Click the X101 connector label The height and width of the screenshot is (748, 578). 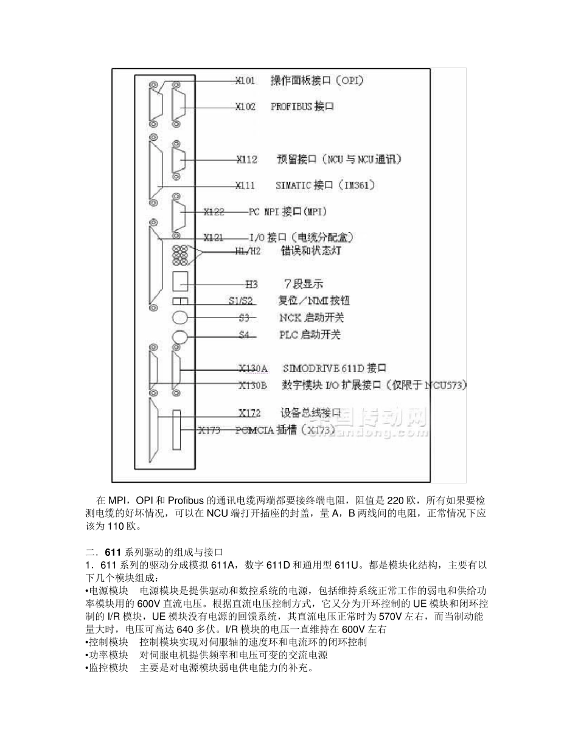pos(245,80)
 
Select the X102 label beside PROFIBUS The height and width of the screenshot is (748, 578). pos(245,106)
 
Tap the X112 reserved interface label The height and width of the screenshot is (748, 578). pos(246,160)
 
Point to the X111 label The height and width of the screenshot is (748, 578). pos(246,185)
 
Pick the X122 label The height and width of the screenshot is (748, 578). pos(214,212)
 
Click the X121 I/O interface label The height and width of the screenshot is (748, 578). pos(214,237)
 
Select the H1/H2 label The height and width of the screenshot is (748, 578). pos(247,251)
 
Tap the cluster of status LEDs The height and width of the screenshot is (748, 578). pos(181,255)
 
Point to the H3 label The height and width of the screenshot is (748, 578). pos(251,283)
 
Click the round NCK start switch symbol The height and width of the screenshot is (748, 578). pos(180,317)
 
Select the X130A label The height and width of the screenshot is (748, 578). pos(252,369)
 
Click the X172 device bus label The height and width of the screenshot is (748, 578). pos(249,413)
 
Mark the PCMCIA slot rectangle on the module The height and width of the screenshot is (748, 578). pos(176,430)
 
